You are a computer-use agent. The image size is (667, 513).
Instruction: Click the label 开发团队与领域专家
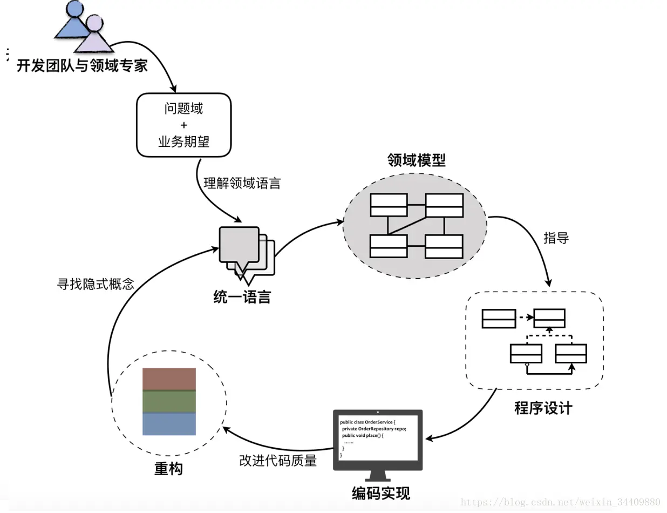tap(82, 66)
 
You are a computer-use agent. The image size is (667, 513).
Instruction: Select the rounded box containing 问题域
tap(183, 125)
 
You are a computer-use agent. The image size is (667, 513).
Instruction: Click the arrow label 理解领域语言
tap(242, 183)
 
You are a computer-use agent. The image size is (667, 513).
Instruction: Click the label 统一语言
tap(241, 297)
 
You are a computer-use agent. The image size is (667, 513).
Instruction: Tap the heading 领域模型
tap(416, 160)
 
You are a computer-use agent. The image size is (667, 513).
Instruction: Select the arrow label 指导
tap(556, 238)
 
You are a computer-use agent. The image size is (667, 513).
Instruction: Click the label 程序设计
tap(543, 408)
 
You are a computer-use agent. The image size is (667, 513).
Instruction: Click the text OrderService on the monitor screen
tap(380, 421)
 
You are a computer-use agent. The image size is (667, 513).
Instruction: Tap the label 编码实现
tap(381, 493)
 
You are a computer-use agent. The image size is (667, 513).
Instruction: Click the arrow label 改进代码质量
tap(277, 461)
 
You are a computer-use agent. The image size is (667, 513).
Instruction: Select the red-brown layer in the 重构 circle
tap(169, 379)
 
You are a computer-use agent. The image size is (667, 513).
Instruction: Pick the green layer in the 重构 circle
tap(169, 402)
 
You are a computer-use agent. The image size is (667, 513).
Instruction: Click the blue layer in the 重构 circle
tap(169, 424)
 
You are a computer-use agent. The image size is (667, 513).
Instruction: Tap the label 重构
tap(168, 469)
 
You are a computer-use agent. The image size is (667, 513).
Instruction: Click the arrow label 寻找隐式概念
tap(96, 284)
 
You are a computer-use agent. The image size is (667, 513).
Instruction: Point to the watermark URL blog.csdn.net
tap(561, 503)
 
